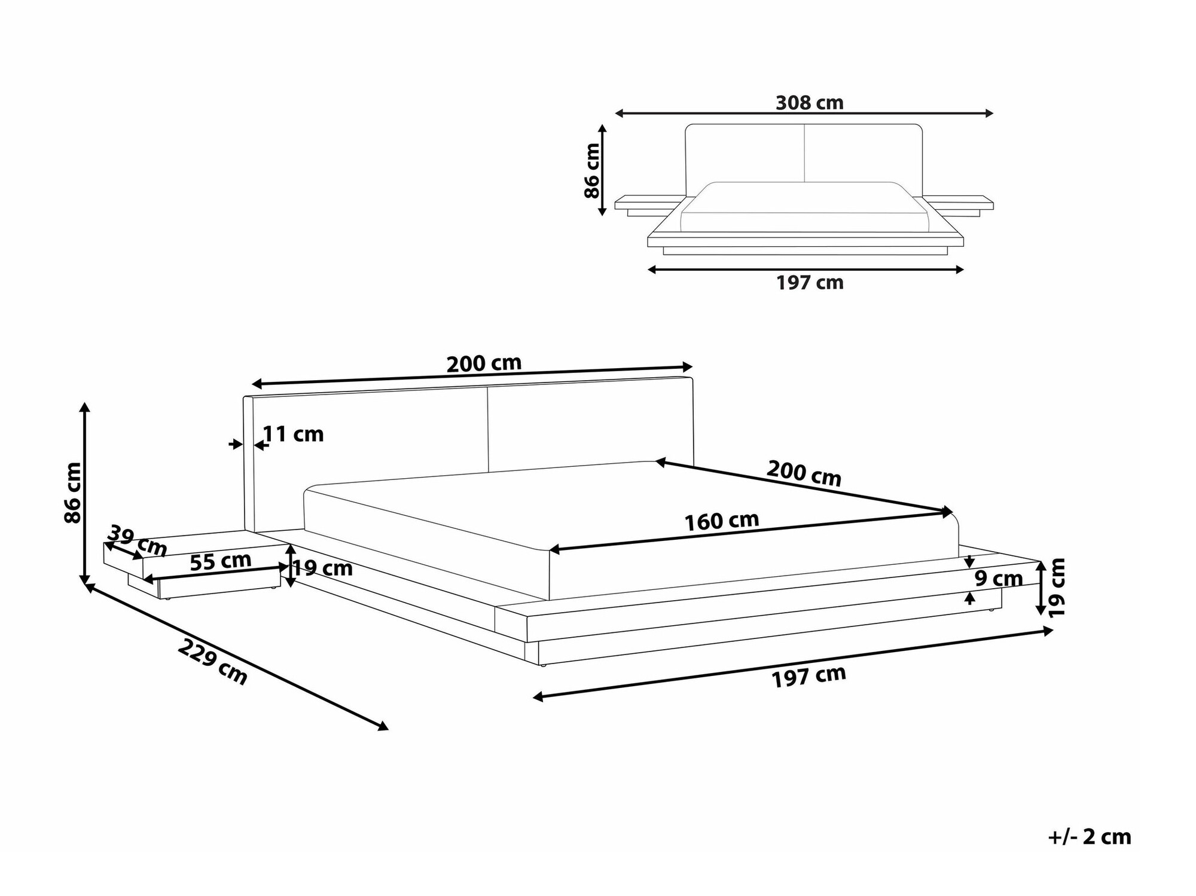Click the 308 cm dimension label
point(809,103)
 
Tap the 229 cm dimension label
point(212,662)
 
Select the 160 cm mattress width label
point(722,521)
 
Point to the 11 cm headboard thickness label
point(294,434)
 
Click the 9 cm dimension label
point(999,578)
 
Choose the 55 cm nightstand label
point(220,561)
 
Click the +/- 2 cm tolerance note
point(1090,837)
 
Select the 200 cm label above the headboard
point(484,363)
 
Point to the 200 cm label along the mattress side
point(804,473)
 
